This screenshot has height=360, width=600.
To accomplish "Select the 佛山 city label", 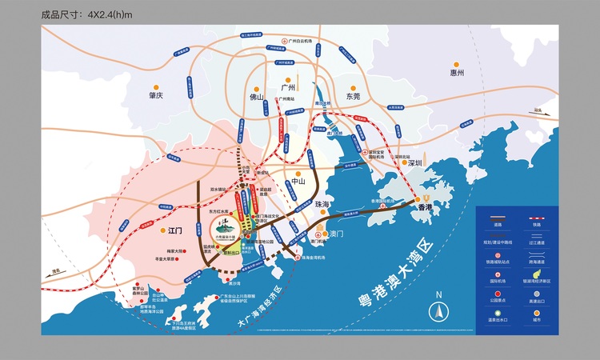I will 255,97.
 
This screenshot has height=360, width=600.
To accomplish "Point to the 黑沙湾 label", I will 234,282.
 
